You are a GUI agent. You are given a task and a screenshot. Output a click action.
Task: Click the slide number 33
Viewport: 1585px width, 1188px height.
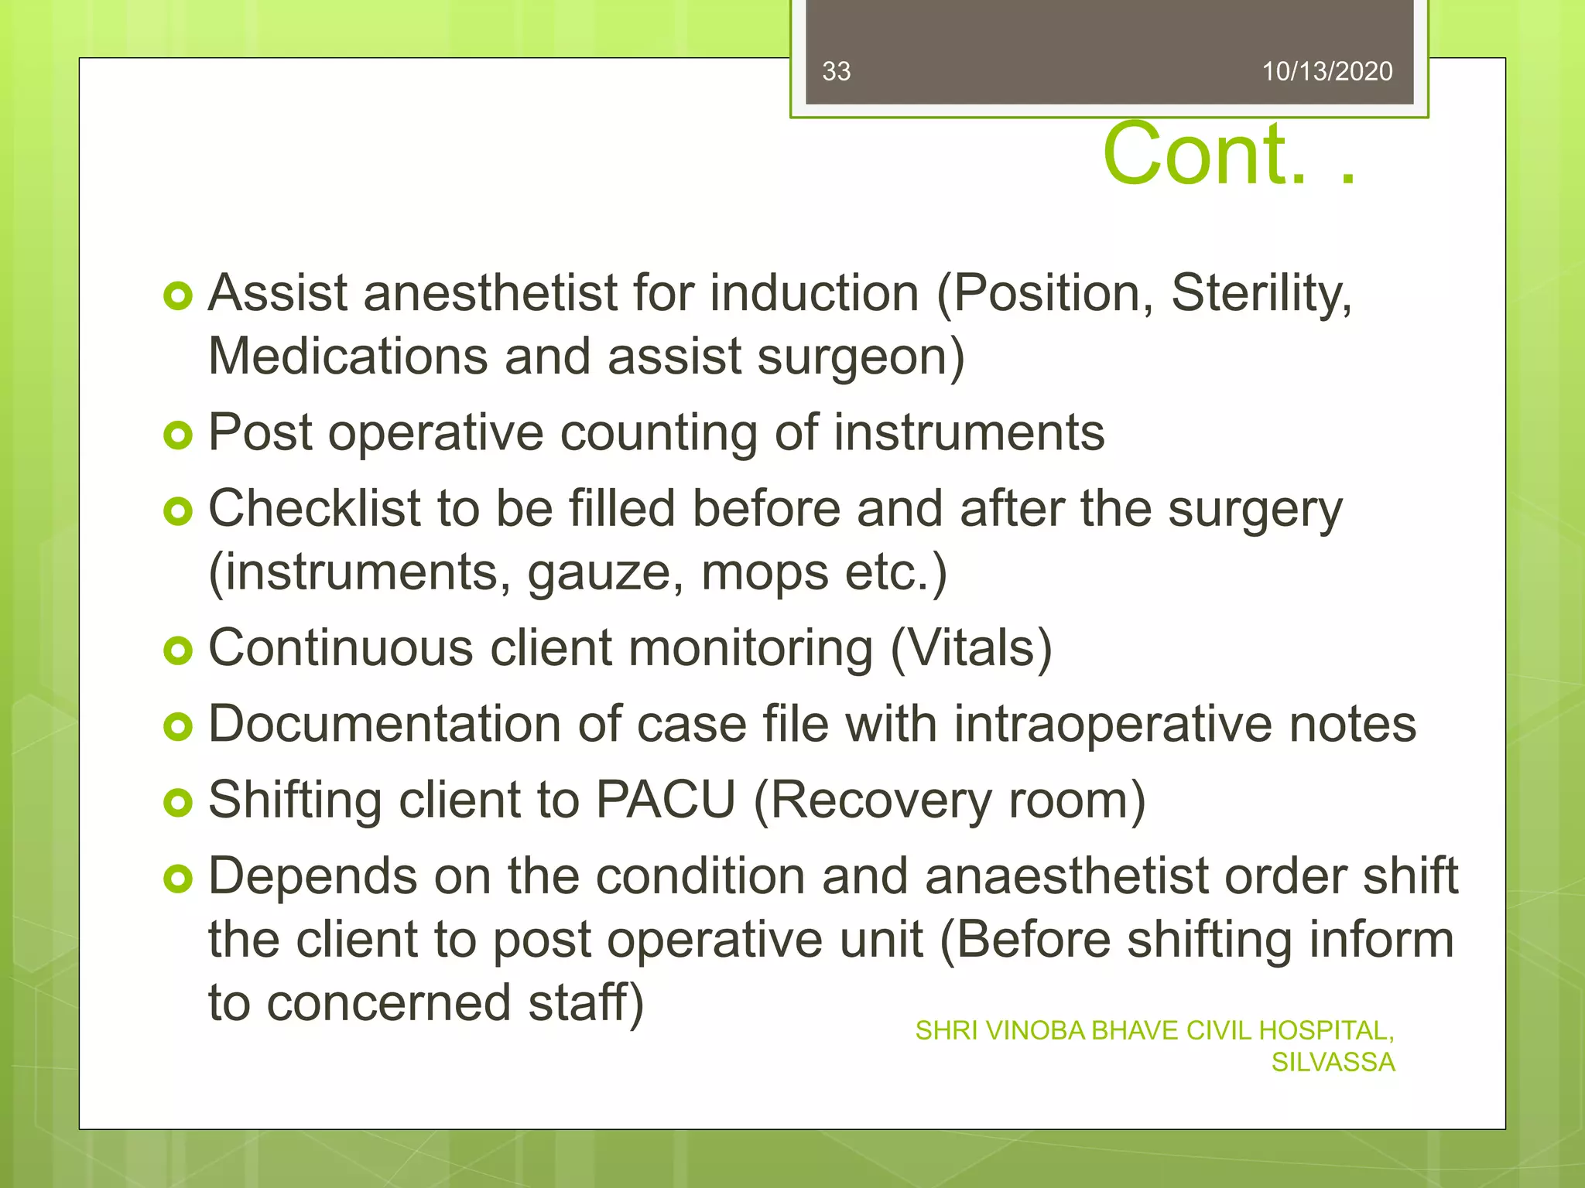point(836,71)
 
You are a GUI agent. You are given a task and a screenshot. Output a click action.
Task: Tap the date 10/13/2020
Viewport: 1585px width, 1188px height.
point(1327,71)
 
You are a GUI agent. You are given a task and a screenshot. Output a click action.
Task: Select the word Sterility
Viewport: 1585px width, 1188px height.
point(1261,294)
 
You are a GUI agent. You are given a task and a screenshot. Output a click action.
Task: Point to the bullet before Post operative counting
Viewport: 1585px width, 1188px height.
point(178,435)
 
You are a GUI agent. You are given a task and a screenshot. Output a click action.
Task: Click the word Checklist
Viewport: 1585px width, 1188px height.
point(314,509)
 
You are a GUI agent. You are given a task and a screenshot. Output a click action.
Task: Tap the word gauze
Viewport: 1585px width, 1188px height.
point(604,573)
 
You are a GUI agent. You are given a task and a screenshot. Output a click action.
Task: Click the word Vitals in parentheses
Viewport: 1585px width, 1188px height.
point(971,648)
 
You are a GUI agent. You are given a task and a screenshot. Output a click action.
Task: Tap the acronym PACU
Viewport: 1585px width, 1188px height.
point(666,800)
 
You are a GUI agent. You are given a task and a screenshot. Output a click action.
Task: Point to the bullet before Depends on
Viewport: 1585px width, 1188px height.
point(178,879)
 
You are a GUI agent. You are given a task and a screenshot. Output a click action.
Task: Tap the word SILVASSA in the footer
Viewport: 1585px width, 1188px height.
point(1333,1063)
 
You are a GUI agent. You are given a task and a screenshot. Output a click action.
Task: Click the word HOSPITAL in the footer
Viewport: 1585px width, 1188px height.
point(1325,1031)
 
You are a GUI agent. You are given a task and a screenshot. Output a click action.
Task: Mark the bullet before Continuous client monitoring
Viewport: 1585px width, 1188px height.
point(178,650)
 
